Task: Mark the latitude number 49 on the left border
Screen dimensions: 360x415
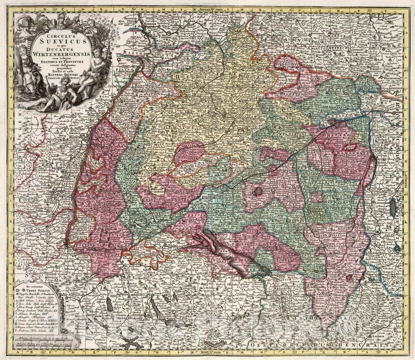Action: pyautogui.click(x=11, y=69)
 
